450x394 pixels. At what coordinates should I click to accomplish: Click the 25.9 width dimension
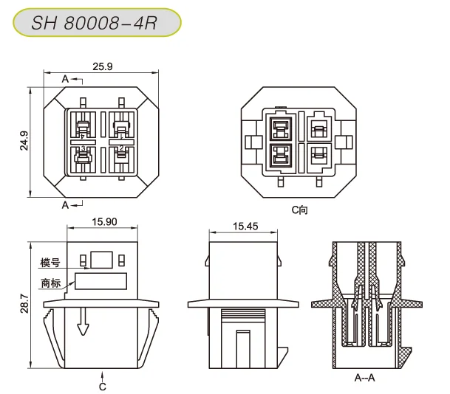[103, 67]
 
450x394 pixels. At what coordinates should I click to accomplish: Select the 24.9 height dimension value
[23, 140]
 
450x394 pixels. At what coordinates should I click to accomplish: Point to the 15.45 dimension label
[245, 227]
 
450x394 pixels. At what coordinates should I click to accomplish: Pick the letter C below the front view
[103, 386]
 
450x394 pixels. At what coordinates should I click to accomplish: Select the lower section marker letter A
[65, 204]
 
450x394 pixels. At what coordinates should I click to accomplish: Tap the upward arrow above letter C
[103, 373]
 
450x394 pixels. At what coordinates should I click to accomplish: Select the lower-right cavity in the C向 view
[318, 156]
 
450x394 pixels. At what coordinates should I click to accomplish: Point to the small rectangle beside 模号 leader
[102, 259]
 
